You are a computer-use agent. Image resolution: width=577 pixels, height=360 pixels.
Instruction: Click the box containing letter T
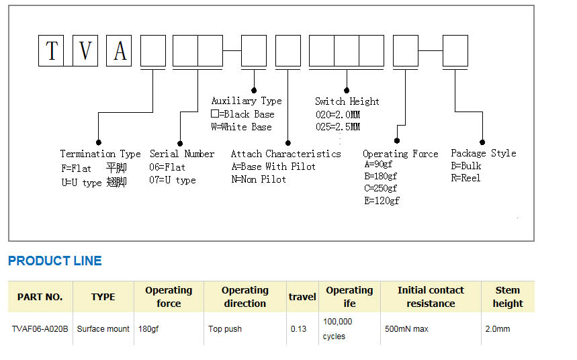[51, 51]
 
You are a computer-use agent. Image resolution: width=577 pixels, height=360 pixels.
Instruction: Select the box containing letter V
[85, 51]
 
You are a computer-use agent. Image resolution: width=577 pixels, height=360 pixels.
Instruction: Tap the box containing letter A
[119, 51]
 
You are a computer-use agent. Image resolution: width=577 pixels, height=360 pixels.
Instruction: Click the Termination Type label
[101, 154]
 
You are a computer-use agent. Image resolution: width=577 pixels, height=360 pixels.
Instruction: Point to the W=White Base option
[241, 127]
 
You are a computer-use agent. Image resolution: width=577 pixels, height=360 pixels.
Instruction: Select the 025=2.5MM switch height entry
[338, 127]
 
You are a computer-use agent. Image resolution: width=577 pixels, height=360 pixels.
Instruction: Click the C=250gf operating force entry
[380, 189]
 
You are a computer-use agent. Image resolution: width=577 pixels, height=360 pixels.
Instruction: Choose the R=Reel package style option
[465, 178]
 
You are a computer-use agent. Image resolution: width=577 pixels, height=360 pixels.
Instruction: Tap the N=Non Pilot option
[259, 179]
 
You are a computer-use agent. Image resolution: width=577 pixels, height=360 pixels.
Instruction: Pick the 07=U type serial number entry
[172, 181]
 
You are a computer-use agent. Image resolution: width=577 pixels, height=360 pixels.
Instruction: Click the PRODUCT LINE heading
[55, 261]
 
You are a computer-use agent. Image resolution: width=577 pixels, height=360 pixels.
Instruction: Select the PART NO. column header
[40, 297]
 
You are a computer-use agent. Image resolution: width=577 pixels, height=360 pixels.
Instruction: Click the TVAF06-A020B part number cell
[40, 328]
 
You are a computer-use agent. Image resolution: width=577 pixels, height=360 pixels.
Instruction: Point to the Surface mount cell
[103, 328]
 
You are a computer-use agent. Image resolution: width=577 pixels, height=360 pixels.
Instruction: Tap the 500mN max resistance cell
[406, 328]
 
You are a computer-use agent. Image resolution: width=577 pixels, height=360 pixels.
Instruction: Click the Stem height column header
[508, 297]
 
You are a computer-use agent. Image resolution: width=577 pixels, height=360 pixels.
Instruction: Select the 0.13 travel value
[298, 328]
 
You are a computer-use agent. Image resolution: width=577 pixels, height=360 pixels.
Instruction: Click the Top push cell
[225, 328]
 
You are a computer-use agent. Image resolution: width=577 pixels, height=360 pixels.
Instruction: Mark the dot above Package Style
[482, 142]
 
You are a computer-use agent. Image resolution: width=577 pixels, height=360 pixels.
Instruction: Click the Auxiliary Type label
[247, 101]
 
